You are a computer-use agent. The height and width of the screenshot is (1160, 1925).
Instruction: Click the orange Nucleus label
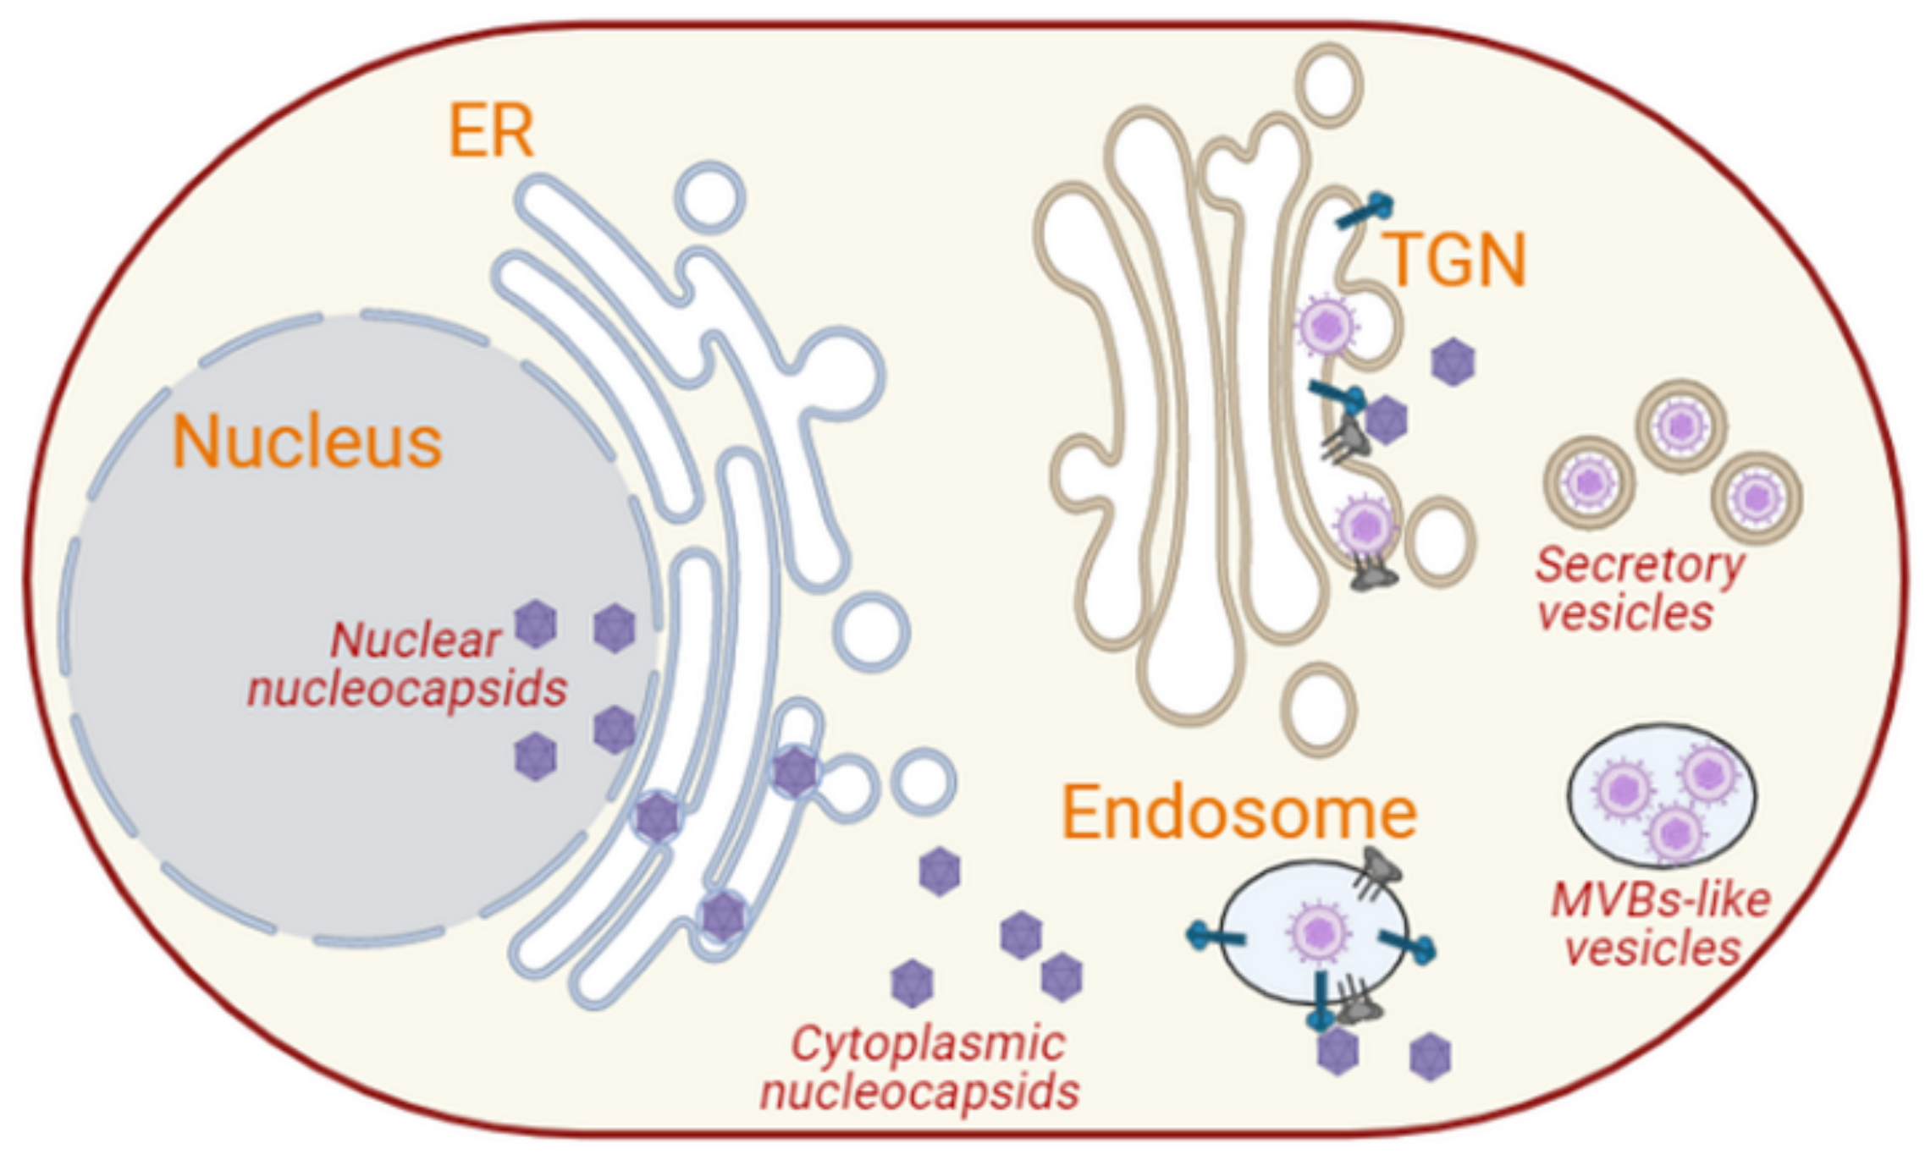(x=306, y=442)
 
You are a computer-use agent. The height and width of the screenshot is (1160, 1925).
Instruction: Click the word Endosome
(x=1239, y=812)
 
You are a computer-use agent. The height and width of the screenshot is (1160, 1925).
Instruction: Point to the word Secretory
(x=1640, y=565)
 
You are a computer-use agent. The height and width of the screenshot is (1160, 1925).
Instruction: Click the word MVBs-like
(x=1660, y=900)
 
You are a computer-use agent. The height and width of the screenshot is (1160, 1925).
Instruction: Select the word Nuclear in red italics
(x=415, y=640)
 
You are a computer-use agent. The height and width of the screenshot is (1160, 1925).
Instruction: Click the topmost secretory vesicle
(x=1681, y=426)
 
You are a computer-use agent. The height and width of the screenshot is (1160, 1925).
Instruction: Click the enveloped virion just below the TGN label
(x=1327, y=325)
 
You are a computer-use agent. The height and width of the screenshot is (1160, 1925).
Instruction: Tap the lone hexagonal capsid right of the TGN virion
(x=1453, y=362)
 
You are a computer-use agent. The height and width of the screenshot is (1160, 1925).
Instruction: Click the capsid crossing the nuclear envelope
(x=657, y=817)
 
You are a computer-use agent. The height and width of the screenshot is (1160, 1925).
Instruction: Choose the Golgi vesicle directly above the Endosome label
(x=1319, y=709)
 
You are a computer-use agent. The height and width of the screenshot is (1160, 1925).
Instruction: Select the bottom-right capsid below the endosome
(x=1430, y=1057)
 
